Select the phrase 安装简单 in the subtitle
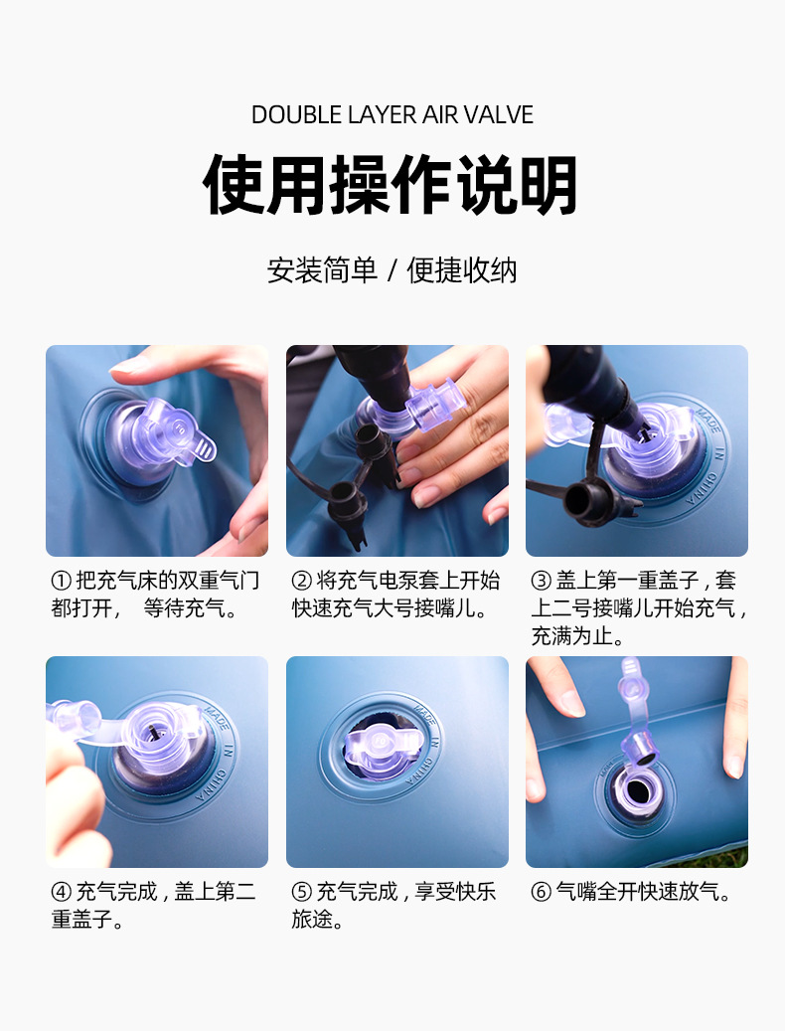coord(322,270)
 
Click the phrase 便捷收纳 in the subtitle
coord(462,270)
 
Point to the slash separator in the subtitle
coord(392,270)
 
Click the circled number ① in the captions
coord(62,581)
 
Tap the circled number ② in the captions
coord(301,581)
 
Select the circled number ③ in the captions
coord(542,581)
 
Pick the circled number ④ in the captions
coord(62,892)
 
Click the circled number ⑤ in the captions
coord(301,892)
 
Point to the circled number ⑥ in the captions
coord(542,892)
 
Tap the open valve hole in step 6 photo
coord(637,793)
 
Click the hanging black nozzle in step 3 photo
coord(586,500)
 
